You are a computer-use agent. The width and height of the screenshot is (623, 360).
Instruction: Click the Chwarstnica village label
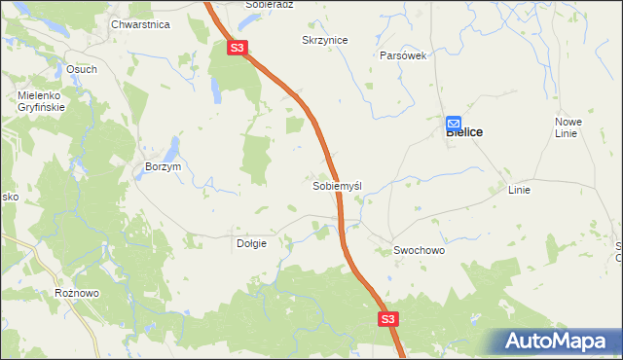141,23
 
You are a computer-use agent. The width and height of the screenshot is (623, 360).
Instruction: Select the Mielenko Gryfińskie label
41,101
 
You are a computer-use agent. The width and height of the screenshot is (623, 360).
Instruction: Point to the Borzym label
163,166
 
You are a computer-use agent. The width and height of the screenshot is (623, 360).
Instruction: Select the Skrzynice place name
325,40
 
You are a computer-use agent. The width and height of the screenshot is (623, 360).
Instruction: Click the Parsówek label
403,55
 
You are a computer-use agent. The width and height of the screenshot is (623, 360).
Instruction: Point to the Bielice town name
464,132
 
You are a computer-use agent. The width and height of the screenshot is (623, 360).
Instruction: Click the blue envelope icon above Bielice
454,123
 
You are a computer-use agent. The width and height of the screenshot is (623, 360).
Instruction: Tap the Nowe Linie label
568,126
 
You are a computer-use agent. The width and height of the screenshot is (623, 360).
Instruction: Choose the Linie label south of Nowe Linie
519,190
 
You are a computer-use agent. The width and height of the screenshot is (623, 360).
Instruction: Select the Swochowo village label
419,250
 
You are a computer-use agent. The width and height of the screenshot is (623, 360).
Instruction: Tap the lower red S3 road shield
388,318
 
